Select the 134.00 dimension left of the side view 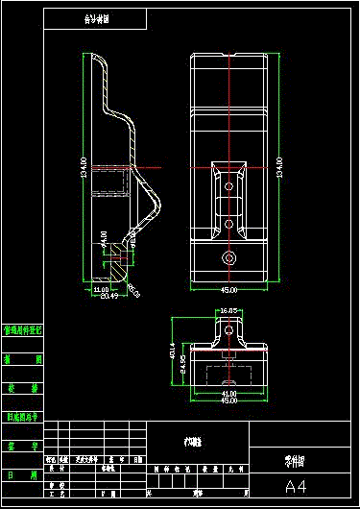coord(84,166)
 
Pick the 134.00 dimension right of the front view coord(279,167)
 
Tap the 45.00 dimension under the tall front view coord(229,289)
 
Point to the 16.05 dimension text coord(228,311)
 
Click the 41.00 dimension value coord(229,393)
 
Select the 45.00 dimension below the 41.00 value coord(229,400)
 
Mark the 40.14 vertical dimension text coord(173,352)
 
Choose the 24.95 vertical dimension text coord(182,366)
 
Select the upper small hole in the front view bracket coord(228,182)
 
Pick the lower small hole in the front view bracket coord(228,223)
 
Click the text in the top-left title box coord(95,18)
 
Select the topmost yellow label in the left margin coord(22,329)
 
